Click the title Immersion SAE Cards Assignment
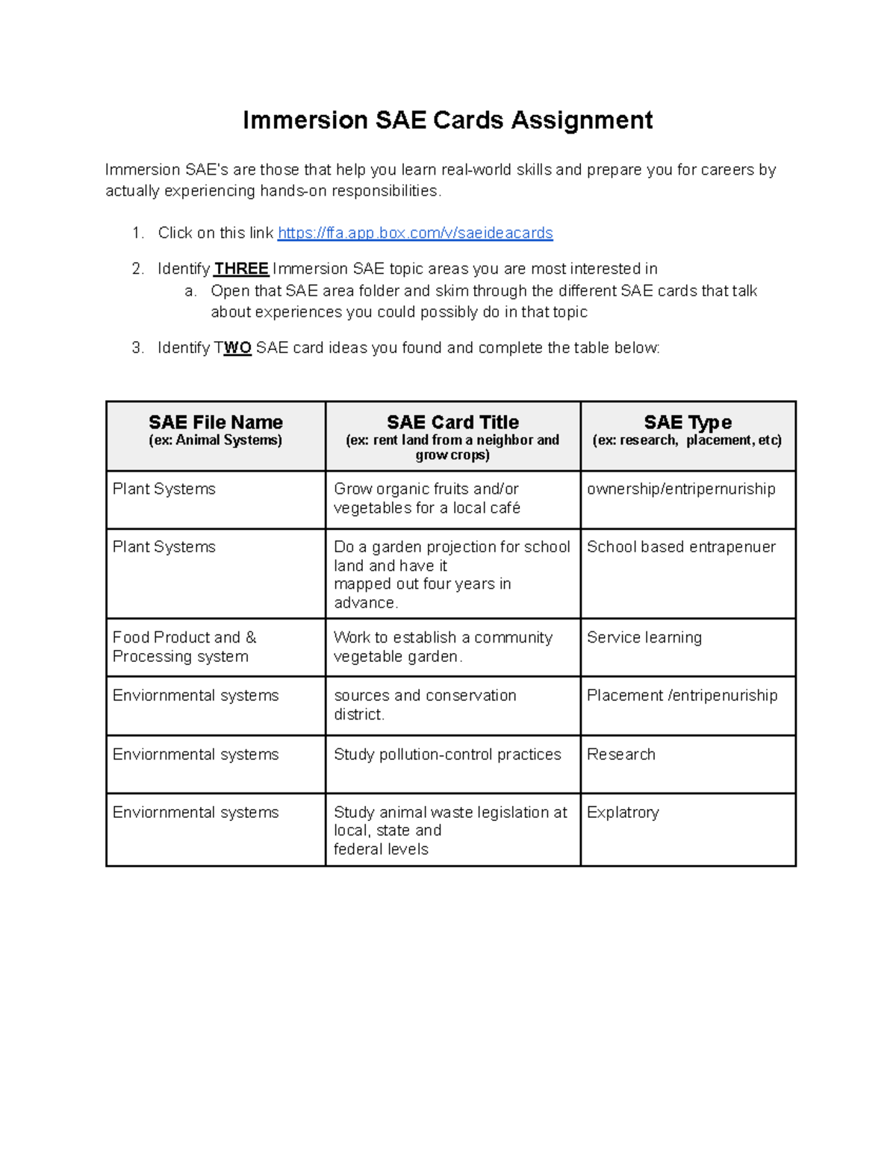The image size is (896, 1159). (447, 120)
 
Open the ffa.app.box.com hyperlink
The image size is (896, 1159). (415, 233)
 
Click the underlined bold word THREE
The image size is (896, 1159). (241, 269)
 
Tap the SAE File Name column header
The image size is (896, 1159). (215, 422)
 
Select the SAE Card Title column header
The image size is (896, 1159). (452, 422)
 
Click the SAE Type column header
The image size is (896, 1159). (687, 422)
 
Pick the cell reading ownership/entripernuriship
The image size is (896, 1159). (681, 489)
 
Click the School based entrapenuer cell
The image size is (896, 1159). (681, 547)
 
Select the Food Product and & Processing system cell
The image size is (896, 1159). (184, 647)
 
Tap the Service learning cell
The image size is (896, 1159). (644, 637)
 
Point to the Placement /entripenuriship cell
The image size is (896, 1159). (682, 696)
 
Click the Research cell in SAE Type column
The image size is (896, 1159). (620, 755)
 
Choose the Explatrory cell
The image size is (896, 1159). (623, 813)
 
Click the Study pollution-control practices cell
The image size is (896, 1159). (447, 755)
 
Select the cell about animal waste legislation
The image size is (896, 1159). (449, 831)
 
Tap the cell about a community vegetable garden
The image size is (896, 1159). (443, 647)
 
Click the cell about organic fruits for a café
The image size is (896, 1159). (426, 499)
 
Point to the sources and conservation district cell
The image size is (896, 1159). (425, 705)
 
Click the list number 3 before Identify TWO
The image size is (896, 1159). (137, 348)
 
